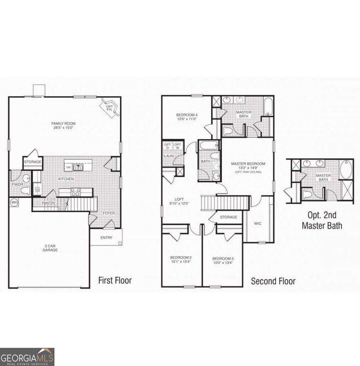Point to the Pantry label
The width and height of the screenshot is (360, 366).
point(49,203)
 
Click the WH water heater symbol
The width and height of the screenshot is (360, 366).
point(14,202)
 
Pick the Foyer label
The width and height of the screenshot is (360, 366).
point(108,213)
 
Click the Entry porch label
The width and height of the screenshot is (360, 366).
point(106,237)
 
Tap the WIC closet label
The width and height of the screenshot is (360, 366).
point(258,224)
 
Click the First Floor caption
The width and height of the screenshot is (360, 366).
point(115,281)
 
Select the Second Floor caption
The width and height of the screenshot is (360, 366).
point(273,281)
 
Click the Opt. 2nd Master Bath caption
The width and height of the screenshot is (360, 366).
point(321,221)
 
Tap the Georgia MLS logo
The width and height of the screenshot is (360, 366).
point(27,357)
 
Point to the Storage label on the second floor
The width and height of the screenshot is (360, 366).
point(228,217)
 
